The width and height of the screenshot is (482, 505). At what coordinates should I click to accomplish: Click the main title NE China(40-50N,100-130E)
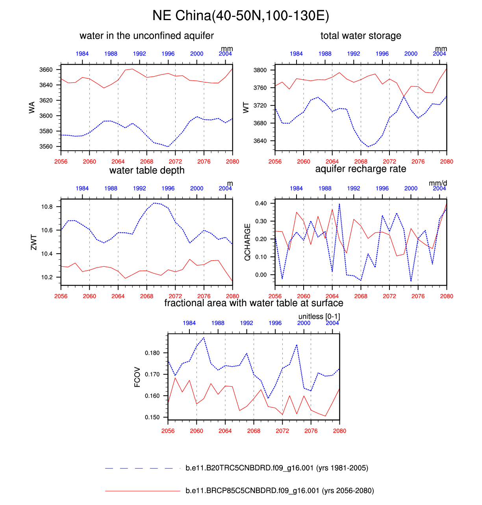tap(241, 16)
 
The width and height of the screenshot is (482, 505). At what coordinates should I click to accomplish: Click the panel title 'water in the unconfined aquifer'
tap(146, 36)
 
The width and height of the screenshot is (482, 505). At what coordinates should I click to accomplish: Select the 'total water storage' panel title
tap(361, 36)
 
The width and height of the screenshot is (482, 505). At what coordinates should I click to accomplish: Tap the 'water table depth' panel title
tap(147, 170)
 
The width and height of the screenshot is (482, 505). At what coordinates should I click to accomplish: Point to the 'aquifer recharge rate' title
tap(361, 169)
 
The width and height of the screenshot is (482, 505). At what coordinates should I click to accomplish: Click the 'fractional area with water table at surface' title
tap(254, 303)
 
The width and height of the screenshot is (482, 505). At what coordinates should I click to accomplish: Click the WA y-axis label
tap(32, 107)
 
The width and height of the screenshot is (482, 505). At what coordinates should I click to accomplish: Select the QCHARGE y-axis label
tap(247, 242)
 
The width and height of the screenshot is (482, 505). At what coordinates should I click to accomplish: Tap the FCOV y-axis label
tap(137, 377)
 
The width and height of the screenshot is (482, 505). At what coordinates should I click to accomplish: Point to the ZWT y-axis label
tap(33, 242)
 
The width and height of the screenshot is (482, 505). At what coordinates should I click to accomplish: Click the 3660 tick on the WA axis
tap(46, 70)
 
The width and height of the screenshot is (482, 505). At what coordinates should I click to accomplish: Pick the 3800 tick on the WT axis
tap(260, 70)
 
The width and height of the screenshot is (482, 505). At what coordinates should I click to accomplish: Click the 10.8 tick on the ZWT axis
tap(47, 207)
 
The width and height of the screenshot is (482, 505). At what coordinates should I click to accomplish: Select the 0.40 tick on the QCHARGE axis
tap(261, 204)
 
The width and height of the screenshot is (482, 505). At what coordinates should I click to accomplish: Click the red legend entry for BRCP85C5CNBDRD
tap(280, 491)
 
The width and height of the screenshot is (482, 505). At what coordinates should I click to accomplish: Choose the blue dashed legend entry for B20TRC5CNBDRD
tap(277, 468)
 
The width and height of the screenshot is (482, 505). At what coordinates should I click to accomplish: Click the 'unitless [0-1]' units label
tap(319, 316)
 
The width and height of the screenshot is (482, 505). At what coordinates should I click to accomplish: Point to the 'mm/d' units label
tap(438, 183)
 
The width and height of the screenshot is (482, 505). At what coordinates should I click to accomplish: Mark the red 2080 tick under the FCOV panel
tap(339, 431)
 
